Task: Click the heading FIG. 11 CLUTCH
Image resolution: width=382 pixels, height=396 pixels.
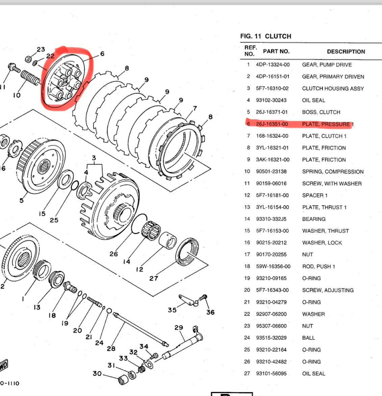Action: [x=265, y=36]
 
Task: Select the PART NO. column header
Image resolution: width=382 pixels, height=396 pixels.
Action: [x=276, y=51]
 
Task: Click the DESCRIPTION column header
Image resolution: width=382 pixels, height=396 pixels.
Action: [x=346, y=52]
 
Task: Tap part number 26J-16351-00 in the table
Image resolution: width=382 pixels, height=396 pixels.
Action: [x=272, y=124]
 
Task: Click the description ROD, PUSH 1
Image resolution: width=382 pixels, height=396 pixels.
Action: [x=318, y=266]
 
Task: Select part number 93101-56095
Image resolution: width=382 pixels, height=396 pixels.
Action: [x=271, y=373]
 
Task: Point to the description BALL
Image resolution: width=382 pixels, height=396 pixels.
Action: [x=308, y=338]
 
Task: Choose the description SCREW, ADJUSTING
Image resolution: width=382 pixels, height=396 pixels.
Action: [x=328, y=290]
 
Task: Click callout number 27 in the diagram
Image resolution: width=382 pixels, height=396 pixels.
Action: [x=154, y=278]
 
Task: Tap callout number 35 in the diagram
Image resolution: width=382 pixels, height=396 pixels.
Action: [x=172, y=310]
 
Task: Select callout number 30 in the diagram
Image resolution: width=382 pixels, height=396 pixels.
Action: [x=97, y=373]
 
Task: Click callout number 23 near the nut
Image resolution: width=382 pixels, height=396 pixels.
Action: [x=41, y=50]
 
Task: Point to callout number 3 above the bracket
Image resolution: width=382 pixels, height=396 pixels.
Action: [x=94, y=158]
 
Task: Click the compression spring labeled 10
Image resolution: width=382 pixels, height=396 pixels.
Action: [x=30, y=78]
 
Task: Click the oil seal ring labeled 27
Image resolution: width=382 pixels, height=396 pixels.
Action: [x=187, y=251]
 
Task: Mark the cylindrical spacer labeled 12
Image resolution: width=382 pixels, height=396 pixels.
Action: [x=168, y=240]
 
